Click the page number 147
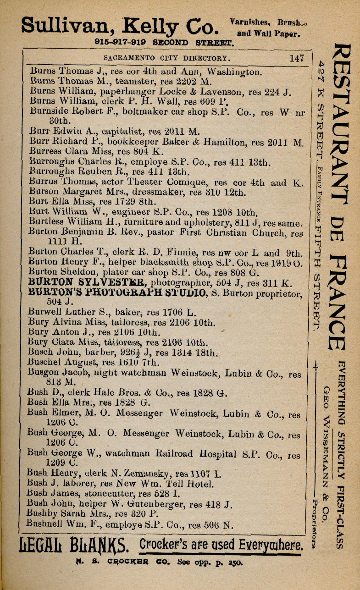297,58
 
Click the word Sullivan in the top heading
64,25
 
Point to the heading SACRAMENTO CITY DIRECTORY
166,59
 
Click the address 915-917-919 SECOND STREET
164,43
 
